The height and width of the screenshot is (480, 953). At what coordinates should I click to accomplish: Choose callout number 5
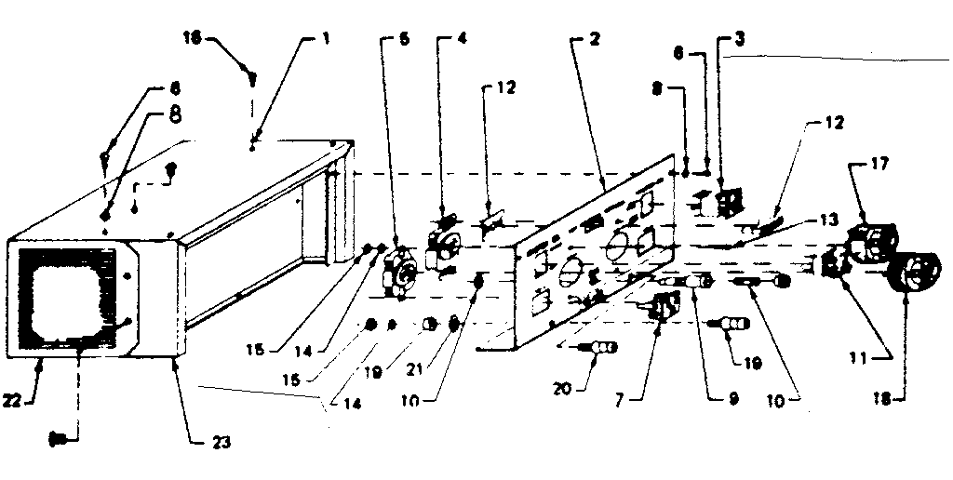pos(403,39)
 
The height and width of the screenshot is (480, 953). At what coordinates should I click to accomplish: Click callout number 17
pos(880,162)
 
